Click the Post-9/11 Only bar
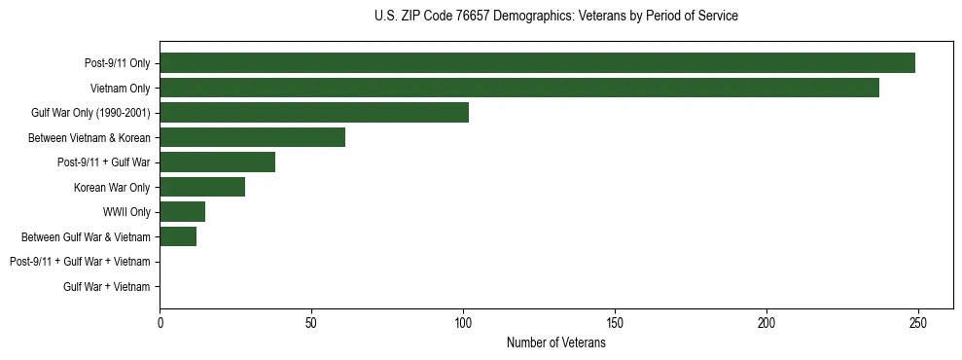point(537,63)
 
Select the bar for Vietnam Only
point(519,88)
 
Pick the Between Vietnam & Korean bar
point(252,137)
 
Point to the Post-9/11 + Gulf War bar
point(217,162)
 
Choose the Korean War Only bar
point(202,187)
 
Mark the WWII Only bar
point(182,212)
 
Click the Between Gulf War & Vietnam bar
point(178,236)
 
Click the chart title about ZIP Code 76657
point(555,17)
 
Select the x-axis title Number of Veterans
point(555,342)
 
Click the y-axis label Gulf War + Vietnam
point(107,287)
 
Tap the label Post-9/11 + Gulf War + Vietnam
point(80,262)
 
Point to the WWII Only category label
point(126,212)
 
